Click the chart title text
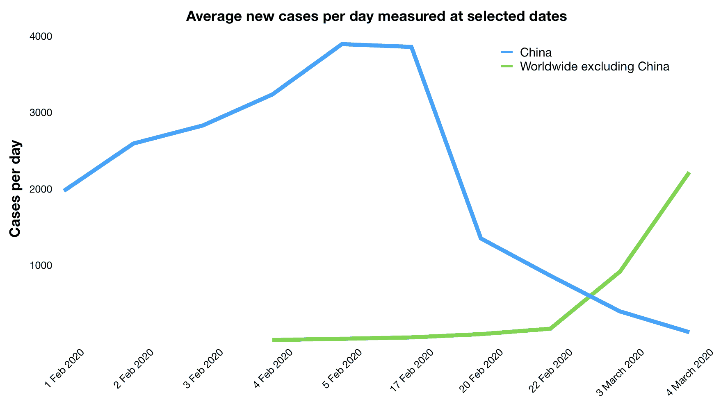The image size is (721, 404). pos(376,16)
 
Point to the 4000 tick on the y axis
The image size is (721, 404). pos(41,36)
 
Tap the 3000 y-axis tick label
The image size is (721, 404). pos(41,113)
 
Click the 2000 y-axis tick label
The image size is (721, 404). pos(41,189)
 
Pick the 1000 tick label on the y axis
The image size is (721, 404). pos(41,265)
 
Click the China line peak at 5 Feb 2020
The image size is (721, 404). pos(342,44)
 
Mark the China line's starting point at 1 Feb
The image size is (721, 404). pos(65,191)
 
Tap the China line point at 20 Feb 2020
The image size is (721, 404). pos(481,238)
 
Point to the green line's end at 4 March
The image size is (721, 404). pos(689,173)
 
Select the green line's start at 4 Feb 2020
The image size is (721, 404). pos(273,340)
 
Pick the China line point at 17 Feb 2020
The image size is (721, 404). pos(411,47)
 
